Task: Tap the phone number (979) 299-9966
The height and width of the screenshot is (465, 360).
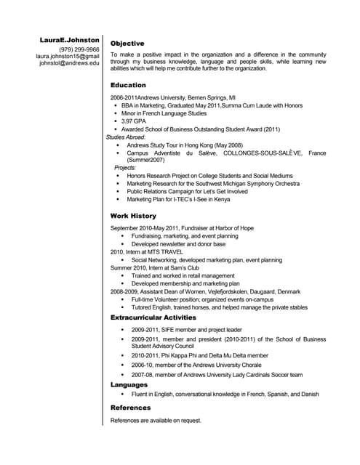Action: pyautogui.click(x=79, y=49)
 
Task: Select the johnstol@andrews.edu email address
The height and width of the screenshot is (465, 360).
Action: pyautogui.click(x=69, y=63)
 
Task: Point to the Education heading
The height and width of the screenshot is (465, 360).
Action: pyautogui.click(x=128, y=86)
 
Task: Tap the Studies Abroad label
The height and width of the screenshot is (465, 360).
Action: pyautogui.click(x=126, y=137)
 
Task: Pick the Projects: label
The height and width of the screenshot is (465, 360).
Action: pyautogui.click(x=125, y=168)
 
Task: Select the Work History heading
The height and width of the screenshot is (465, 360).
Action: pyautogui.click(x=132, y=217)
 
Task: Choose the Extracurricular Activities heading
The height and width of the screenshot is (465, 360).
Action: pyautogui.click(x=153, y=318)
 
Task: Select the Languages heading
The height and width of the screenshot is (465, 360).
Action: pyautogui.click(x=129, y=384)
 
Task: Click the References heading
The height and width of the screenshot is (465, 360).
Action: pyautogui.click(x=130, y=408)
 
